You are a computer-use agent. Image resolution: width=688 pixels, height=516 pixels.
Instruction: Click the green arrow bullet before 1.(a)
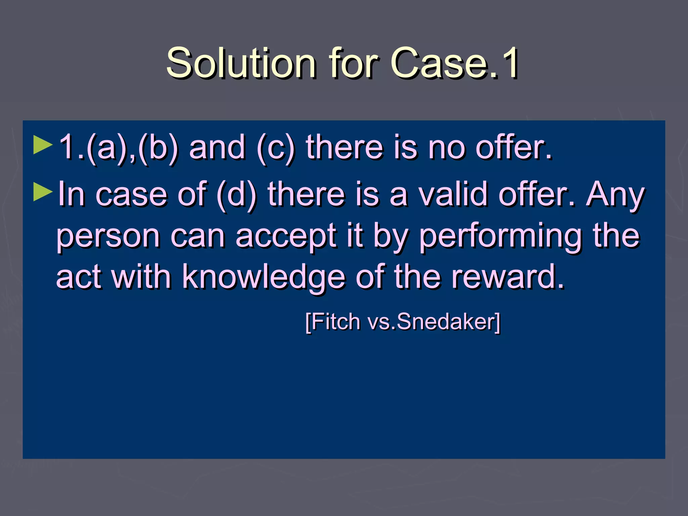[x=43, y=145]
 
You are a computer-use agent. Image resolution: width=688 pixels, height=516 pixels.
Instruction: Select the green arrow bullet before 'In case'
[x=43, y=192]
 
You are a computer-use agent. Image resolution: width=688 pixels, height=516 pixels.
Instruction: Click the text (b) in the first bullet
[x=158, y=148]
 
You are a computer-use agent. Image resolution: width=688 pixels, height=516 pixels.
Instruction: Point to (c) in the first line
[x=275, y=148]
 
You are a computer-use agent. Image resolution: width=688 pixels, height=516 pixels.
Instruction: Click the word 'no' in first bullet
[x=446, y=148]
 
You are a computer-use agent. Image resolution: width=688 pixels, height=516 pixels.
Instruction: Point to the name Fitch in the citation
[x=336, y=322]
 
